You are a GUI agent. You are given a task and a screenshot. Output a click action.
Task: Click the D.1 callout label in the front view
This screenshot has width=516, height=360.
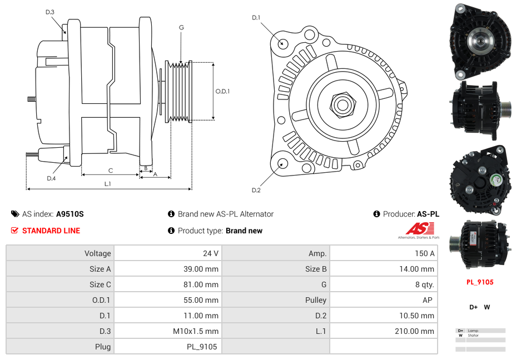(256, 18)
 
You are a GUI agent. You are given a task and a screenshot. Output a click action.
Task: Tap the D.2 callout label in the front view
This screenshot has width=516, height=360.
(256, 191)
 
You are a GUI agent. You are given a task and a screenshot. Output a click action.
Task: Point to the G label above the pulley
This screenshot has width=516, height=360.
(181, 28)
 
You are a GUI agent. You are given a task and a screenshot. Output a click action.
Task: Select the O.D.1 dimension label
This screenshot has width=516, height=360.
(222, 92)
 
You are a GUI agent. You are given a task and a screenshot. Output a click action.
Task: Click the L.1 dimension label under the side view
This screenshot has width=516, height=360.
(108, 183)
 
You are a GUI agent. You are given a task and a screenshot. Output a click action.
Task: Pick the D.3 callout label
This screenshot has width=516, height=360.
(50, 12)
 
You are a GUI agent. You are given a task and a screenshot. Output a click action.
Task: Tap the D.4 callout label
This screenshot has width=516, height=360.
(51, 178)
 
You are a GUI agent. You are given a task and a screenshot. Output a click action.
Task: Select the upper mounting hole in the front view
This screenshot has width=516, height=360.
(283, 42)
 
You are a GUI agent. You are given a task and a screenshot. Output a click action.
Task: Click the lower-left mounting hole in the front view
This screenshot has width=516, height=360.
(282, 163)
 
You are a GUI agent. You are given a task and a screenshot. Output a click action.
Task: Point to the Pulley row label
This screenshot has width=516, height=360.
(316, 300)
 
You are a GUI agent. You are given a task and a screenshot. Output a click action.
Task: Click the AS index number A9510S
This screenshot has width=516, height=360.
(70, 214)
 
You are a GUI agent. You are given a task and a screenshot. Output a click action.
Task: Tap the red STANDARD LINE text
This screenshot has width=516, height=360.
(51, 231)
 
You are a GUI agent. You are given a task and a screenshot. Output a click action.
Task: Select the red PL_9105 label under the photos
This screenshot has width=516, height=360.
(480, 282)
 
